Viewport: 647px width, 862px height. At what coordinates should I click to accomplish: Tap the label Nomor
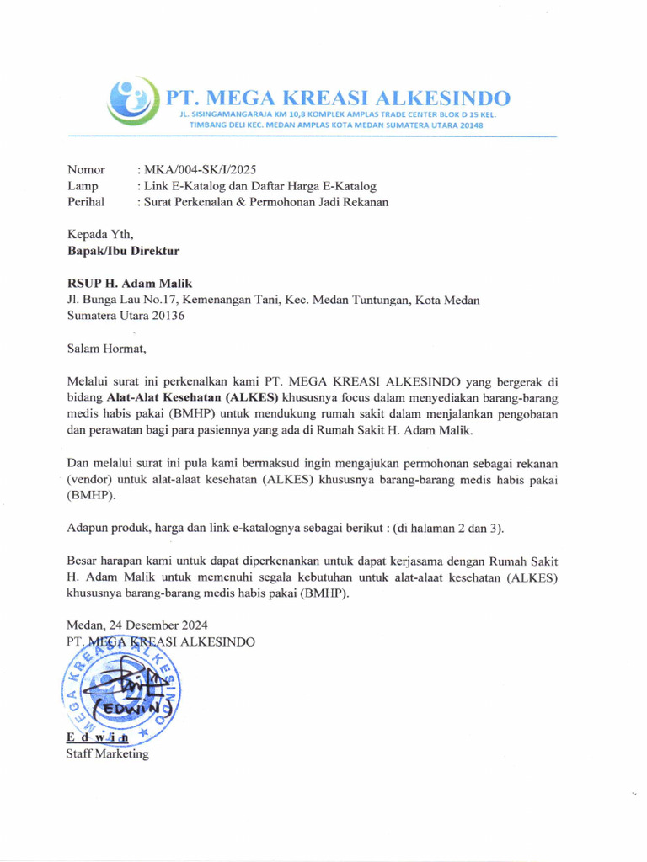(86, 170)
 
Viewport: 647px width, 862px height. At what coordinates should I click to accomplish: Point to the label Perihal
(86, 202)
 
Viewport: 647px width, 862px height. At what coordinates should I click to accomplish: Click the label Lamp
(83, 186)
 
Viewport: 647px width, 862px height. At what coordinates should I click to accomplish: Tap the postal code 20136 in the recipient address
(168, 316)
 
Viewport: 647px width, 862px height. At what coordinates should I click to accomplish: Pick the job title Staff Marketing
(107, 754)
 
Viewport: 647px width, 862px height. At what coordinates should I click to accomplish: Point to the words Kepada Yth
(100, 234)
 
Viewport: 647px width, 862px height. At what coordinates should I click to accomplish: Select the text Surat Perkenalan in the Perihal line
(183, 202)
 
